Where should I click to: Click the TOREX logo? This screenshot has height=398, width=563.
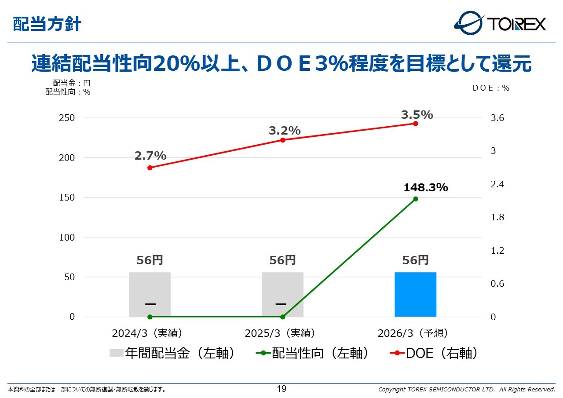500,23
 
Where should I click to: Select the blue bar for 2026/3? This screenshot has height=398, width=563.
415,294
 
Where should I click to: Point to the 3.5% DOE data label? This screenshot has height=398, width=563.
417,115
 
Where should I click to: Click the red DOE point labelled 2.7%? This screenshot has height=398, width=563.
150,168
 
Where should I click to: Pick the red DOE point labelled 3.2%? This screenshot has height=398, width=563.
283,140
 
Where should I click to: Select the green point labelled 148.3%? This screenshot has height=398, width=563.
416,199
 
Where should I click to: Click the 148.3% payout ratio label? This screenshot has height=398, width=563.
425,188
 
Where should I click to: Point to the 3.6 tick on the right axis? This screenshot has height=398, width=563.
497,118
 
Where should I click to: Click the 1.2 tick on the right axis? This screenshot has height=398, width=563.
497,251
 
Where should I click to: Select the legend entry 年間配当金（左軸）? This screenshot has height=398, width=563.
172,353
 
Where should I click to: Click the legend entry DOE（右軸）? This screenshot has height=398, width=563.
434,353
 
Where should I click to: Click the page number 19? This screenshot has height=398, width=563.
281,389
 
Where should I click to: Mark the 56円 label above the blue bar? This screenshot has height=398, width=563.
416,260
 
